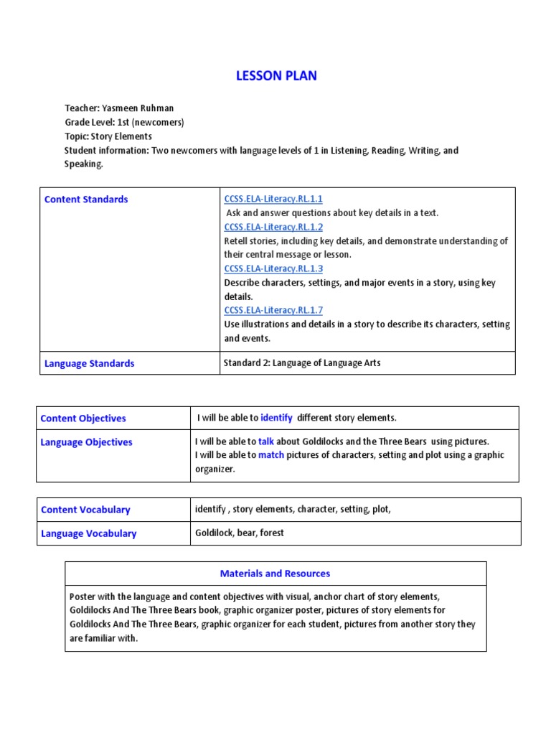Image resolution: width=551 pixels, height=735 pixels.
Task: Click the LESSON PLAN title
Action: pos(276,75)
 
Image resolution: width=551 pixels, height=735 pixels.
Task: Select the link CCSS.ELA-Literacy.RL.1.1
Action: pos(273,199)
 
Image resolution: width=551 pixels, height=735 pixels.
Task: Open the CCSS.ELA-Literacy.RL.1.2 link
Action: pos(273,227)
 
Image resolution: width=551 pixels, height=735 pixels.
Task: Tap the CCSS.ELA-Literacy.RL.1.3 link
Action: pos(273,268)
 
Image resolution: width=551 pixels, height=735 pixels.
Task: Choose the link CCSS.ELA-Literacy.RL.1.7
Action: pos(273,310)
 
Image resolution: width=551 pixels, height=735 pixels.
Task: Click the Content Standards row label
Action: pos(86,200)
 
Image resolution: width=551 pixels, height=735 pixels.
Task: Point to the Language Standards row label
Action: pos(89,363)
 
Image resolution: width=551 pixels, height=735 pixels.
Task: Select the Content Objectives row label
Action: pos(83,418)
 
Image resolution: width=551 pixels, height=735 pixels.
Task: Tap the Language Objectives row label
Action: pos(87,442)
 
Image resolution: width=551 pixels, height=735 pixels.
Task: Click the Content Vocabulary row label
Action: pos(85,510)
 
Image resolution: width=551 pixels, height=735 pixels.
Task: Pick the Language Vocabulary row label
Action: pos(89,533)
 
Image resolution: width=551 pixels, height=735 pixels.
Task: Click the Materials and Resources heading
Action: pos(275,574)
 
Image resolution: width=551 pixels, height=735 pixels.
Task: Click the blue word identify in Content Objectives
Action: pos(276,418)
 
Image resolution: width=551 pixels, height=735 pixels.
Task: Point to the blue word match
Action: pos(271,455)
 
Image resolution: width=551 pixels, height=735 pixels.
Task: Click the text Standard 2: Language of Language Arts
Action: pos(302,363)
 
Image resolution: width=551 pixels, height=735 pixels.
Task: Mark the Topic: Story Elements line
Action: pos(108,136)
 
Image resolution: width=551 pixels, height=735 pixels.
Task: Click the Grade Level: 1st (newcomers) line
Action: pos(124,122)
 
